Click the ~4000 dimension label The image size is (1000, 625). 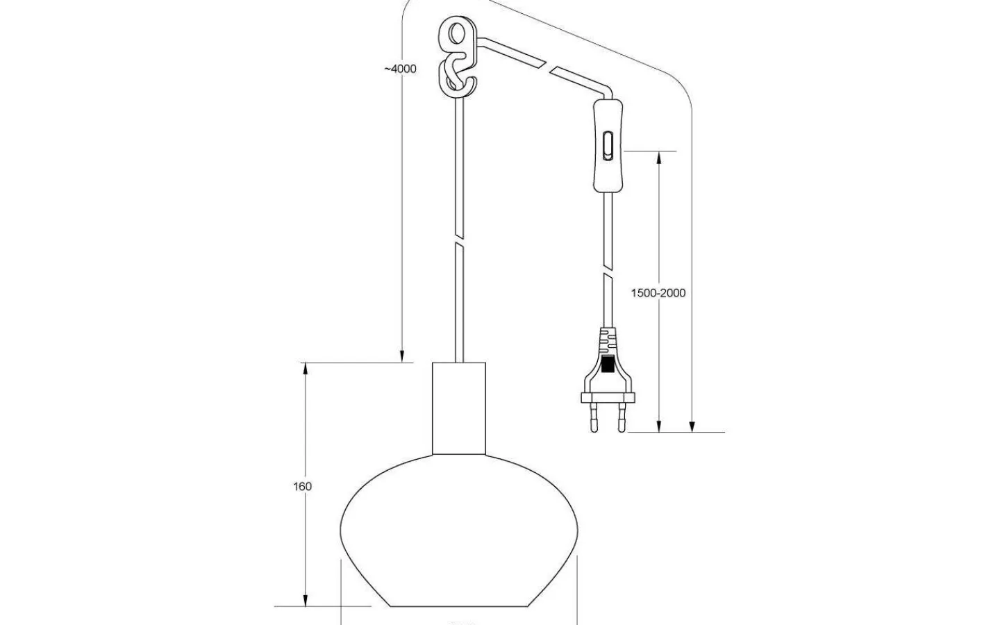coord(401,69)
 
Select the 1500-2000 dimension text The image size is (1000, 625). coord(658,293)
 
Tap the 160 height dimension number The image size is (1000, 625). coord(302,487)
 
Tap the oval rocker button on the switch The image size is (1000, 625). coord(608,145)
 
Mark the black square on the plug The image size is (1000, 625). coord(608,365)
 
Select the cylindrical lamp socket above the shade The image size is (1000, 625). coord(458,408)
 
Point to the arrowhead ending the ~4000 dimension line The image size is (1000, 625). coord(402,356)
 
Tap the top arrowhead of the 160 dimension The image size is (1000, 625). coord(305,370)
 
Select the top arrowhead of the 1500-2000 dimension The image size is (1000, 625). coord(659,159)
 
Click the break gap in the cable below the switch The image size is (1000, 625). coord(608,270)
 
